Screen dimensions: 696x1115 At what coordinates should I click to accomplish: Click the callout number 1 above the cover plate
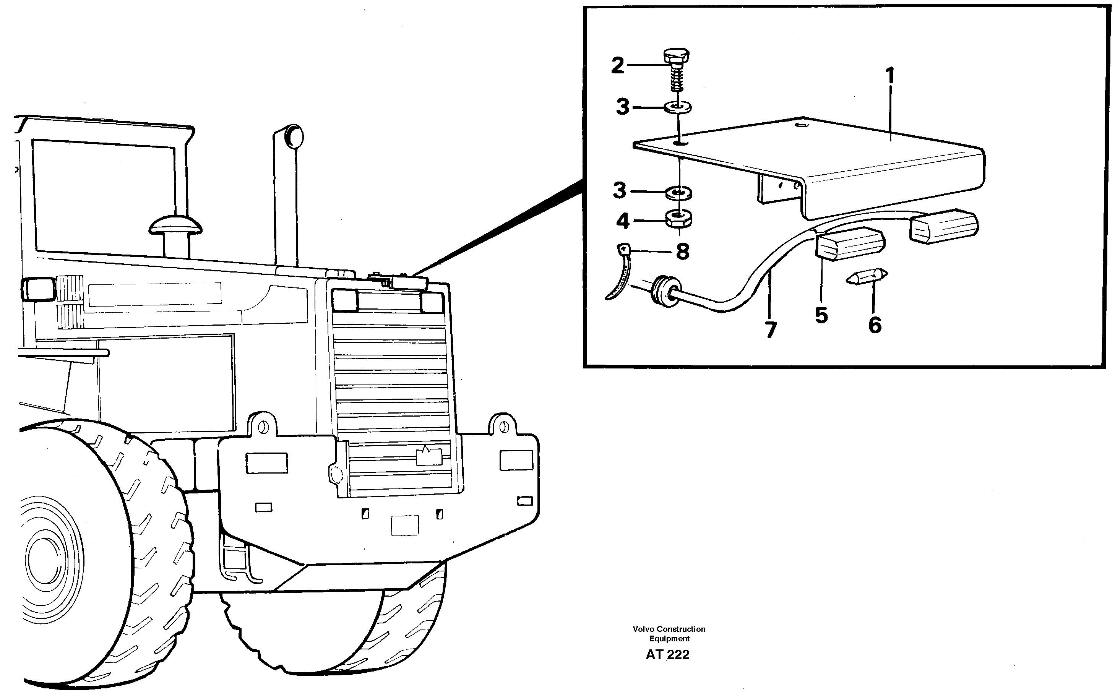[x=890, y=76]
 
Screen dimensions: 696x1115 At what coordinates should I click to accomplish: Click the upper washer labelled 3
[x=678, y=108]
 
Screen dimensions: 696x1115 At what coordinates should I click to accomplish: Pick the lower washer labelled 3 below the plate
[x=678, y=192]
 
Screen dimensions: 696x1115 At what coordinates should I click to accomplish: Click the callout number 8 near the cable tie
[x=682, y=252]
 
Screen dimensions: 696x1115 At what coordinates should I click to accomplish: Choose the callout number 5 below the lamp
[x=821, y=316]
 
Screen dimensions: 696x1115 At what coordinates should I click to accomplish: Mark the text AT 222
[x=667, y=655]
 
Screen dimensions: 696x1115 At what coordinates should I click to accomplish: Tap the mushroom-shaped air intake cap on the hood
[x=175, y=225]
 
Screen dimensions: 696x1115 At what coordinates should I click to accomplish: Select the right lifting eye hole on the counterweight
[x=504, y=426]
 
